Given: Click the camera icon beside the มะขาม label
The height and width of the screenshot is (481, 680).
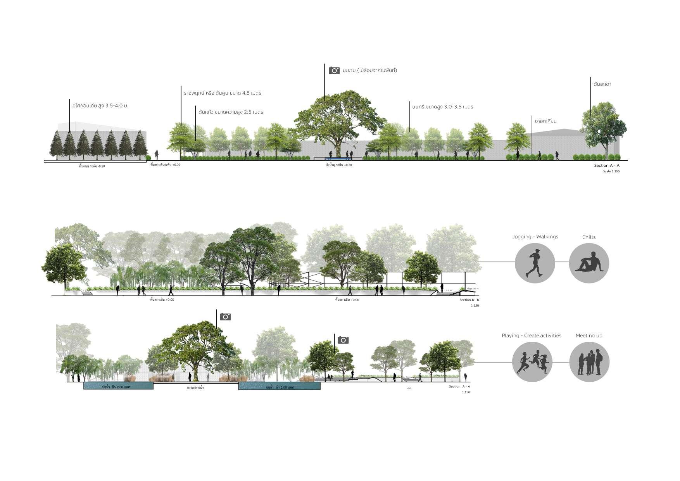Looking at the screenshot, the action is [x=334, y=70].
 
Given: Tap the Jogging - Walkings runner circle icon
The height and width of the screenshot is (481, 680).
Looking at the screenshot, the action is [x=535, y=263].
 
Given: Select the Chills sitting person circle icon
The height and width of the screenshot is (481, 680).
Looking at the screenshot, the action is [x=589, y=263].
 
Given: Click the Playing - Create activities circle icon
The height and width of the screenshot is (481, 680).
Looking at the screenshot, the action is [x=532, y=362].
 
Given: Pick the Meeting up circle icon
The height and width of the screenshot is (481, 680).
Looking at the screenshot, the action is [x=589, y=362].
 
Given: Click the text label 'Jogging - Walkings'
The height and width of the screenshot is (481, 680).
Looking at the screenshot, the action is [x=535, y=237].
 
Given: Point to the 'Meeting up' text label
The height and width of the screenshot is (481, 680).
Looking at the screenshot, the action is [x=589, y=336].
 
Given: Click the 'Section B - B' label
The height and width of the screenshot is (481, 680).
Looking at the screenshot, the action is [x=469, y=300].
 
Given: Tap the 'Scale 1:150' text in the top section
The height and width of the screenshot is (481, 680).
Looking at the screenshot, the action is [x=611, y=171].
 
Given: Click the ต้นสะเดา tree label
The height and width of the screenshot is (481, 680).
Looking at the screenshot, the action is [x=602, y=84].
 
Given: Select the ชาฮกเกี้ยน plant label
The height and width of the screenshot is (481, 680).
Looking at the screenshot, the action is [x=545, y=121].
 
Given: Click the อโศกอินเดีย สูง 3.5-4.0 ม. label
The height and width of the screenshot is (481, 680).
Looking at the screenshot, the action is [x=100, y=105].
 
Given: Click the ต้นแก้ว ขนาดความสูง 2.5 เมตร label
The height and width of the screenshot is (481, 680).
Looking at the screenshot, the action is [x=231, y=112].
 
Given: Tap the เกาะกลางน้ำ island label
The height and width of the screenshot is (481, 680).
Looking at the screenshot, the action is [x=195, y=388].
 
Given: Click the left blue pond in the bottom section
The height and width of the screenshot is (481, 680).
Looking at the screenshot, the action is [x=119, y=386].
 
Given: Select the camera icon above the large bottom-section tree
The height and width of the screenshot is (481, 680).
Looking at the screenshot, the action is [x=225, y=317].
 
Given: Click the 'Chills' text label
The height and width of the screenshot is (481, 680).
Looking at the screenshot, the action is [x=589, y=237].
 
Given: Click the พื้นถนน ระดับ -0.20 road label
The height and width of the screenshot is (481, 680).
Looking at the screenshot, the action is [x=92, y=166].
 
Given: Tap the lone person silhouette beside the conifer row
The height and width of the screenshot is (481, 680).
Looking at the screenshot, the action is [x=157, y=154].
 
